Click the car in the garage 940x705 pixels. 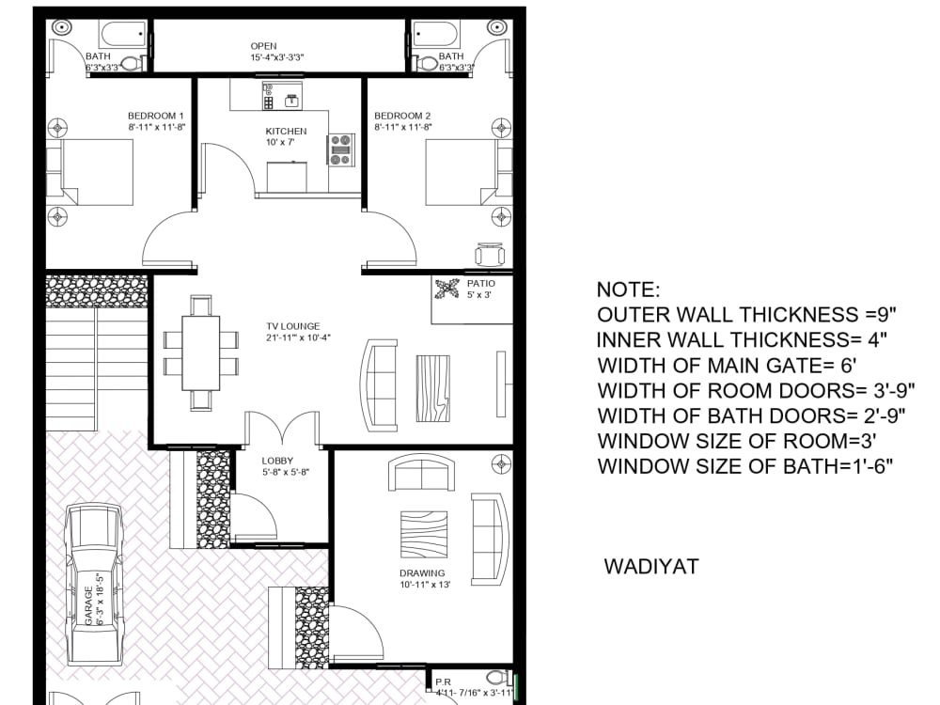click(93, 583)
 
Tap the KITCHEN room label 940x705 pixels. click(286, 131)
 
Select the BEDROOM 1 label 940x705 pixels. click(156, 115)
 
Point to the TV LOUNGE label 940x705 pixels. click(291, 326)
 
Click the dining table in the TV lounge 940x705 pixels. click(201, 352)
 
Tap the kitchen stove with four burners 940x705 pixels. click(341, 150)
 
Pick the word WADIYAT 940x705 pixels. click(651, 567)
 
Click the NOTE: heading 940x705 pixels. click(629, 290)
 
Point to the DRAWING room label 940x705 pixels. click(422, 572)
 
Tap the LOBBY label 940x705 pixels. click(278, 461)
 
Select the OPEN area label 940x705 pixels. click(263, 46)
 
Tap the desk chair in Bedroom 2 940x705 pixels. click(490, 254)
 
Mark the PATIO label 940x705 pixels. click(480, 283)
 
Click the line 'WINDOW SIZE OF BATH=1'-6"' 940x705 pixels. click(744, 465)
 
